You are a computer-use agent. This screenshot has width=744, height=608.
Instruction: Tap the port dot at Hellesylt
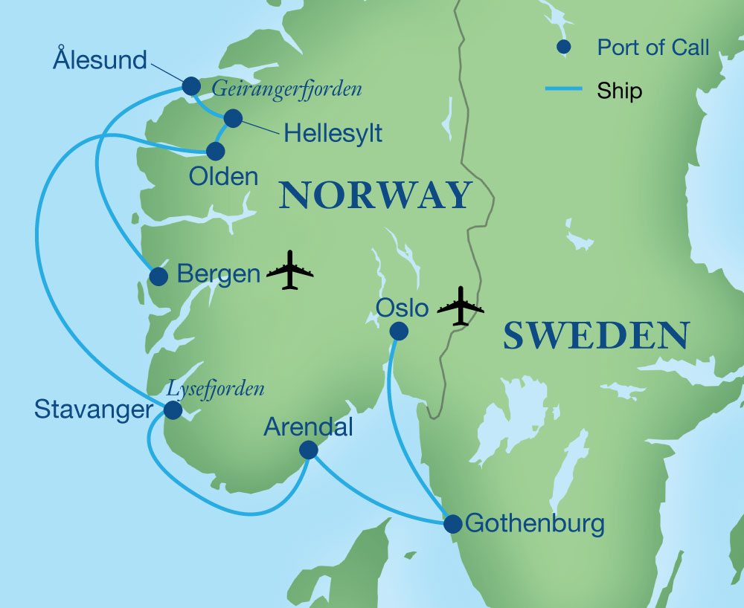233,117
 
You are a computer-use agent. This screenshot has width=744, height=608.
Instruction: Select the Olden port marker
215,151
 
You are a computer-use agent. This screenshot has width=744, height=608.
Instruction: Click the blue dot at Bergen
158,276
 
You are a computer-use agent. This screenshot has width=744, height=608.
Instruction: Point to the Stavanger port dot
173,410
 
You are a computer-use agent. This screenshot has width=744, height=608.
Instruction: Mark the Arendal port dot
307,450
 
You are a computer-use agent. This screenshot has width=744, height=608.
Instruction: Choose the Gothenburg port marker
452,524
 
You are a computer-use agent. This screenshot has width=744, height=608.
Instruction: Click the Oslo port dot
400,331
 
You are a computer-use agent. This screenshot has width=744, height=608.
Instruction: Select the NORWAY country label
375,195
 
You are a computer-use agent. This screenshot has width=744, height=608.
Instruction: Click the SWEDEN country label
595,336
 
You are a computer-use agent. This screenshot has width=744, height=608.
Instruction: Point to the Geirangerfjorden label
286,90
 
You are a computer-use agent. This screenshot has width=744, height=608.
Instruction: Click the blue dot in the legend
564,48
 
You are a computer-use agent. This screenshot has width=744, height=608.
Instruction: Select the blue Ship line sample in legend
563,90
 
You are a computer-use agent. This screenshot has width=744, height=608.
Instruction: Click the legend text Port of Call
652,48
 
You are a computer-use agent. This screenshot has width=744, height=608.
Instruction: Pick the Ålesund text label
100,59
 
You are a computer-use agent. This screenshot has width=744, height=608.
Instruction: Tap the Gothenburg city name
534,524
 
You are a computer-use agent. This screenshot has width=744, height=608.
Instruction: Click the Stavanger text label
92,408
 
